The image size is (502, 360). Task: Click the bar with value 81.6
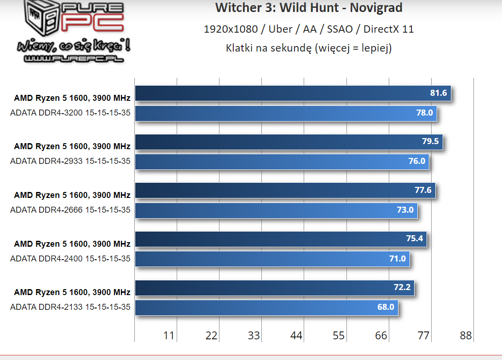point(293,93)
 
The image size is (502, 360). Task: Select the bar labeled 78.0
point(285,113)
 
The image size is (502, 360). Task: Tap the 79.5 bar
point(289,142)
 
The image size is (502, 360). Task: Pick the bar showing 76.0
point(282,162)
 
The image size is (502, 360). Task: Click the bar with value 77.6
point(285,190)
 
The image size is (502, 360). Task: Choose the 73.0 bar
point(276,210)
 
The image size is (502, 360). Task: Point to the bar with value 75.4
point(281,239)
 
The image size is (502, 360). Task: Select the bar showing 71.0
point(272,259)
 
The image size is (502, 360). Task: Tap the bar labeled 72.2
point(275,288)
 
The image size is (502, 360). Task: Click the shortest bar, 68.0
point(266,307)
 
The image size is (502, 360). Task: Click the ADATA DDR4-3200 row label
point(70,113)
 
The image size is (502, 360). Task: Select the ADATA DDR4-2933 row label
point(70,162)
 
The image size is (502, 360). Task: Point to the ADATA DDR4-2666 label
point(70,210)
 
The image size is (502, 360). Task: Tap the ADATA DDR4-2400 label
point(70,259)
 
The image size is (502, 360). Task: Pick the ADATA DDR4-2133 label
point(70,307)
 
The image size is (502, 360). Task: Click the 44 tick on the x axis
point(296,336)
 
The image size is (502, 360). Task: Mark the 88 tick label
point(466,336)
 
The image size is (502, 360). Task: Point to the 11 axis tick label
point(169,336)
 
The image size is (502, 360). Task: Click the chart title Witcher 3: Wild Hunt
point(309,8)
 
